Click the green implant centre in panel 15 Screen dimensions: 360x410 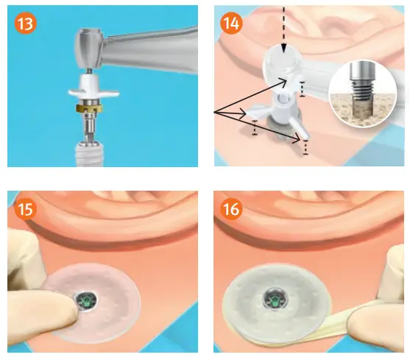click(87, 299)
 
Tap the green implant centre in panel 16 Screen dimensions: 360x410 click(274, 300)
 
